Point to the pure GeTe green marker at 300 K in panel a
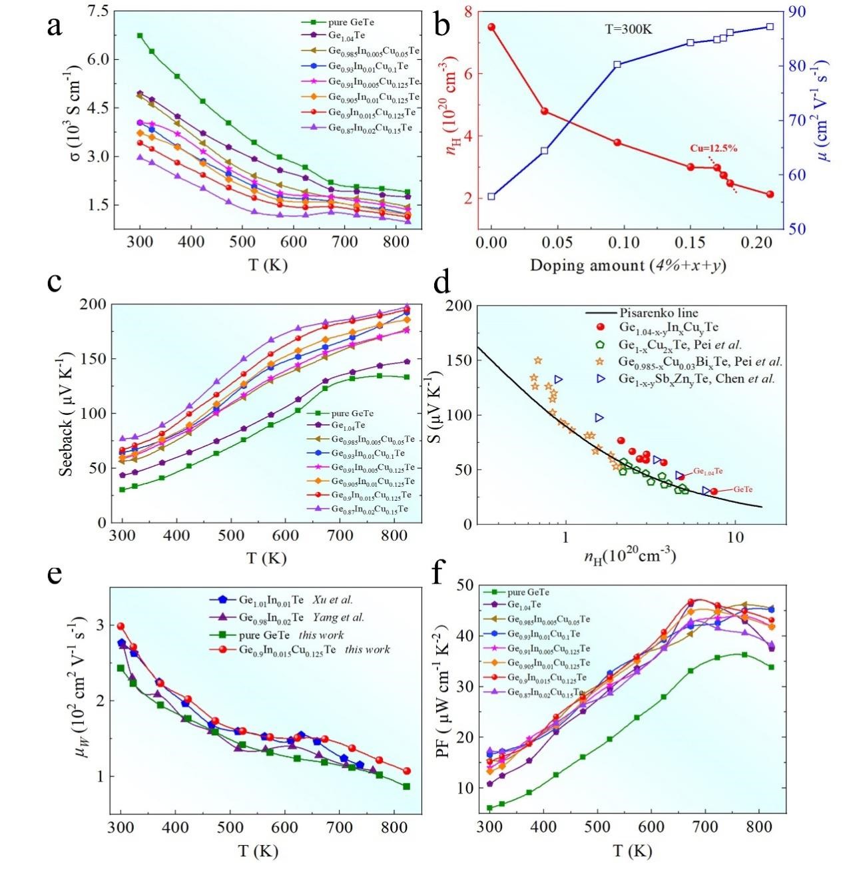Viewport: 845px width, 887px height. tap(140, 35)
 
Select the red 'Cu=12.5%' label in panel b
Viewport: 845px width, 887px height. tap(713, 148)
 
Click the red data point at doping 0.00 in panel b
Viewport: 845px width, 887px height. tap(491, 27)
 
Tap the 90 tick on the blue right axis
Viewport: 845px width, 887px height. tap(796, 11)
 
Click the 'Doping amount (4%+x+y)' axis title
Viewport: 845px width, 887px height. tap(627, 265)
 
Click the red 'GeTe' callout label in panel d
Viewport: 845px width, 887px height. tap(742, 489)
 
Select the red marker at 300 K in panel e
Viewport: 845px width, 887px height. tap(121, 627)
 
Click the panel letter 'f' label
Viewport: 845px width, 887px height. tap(437, 574)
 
